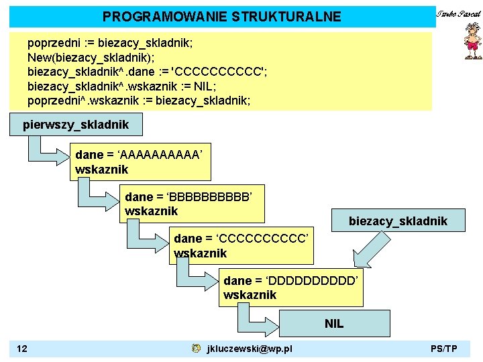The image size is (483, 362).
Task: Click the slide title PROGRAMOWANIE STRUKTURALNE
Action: click(x=221, y=17)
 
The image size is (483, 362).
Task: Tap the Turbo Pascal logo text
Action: click(x=459, y=14)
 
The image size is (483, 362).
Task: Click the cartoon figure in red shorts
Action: click(x=472, y=42)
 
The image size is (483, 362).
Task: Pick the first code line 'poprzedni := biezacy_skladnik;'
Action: click(x=110, y=43)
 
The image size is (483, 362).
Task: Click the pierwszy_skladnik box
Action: click(x=75, y=124)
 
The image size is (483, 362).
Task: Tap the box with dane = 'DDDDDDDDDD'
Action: click(x=291, y=288)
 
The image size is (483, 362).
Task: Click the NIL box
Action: click(x=333, y=324)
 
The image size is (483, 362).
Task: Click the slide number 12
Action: click(x=22, y=349)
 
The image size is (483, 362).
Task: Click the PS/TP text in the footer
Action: click(x=444, y=349)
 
